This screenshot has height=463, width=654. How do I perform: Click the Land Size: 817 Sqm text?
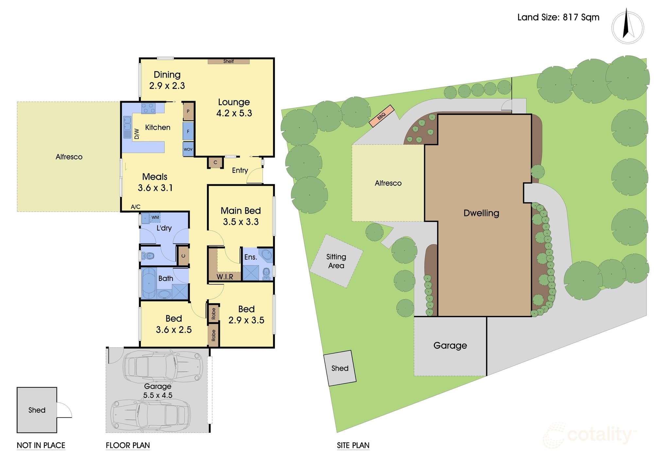[x=558, y=17]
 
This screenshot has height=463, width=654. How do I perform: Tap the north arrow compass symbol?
[x=628, y=27]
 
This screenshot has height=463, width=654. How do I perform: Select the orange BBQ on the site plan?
[x=381, y=116]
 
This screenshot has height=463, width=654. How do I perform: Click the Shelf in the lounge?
[x=229, y=61]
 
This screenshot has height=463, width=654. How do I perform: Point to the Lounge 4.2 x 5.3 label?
[x=234, y=108]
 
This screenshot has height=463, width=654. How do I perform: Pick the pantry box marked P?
[x=188, y=111]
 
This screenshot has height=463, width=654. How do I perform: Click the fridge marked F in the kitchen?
[x=188, y=131]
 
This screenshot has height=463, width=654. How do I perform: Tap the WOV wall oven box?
[x=188, y=149]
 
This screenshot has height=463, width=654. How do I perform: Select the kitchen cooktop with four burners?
[x=148, y=108]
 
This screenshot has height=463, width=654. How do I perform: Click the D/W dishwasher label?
[x=137, y=134]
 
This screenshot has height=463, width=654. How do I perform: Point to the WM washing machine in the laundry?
[x=155, y=217]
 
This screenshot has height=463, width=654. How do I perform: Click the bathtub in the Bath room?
[x=149, y=283]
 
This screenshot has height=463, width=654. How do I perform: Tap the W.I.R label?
[x=225, y=277]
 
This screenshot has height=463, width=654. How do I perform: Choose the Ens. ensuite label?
[x=250, y=257]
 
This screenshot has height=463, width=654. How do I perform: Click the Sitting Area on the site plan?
[x=336, y=261]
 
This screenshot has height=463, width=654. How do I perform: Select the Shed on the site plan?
[x=340, y=368]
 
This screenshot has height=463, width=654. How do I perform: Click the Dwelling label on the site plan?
[x=481, y=213]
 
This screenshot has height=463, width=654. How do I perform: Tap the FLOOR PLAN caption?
[x=128, y=445]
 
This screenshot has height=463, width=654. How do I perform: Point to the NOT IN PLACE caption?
[x=41, y=445]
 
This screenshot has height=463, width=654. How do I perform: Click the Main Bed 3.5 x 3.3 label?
[x=241, y=216]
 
